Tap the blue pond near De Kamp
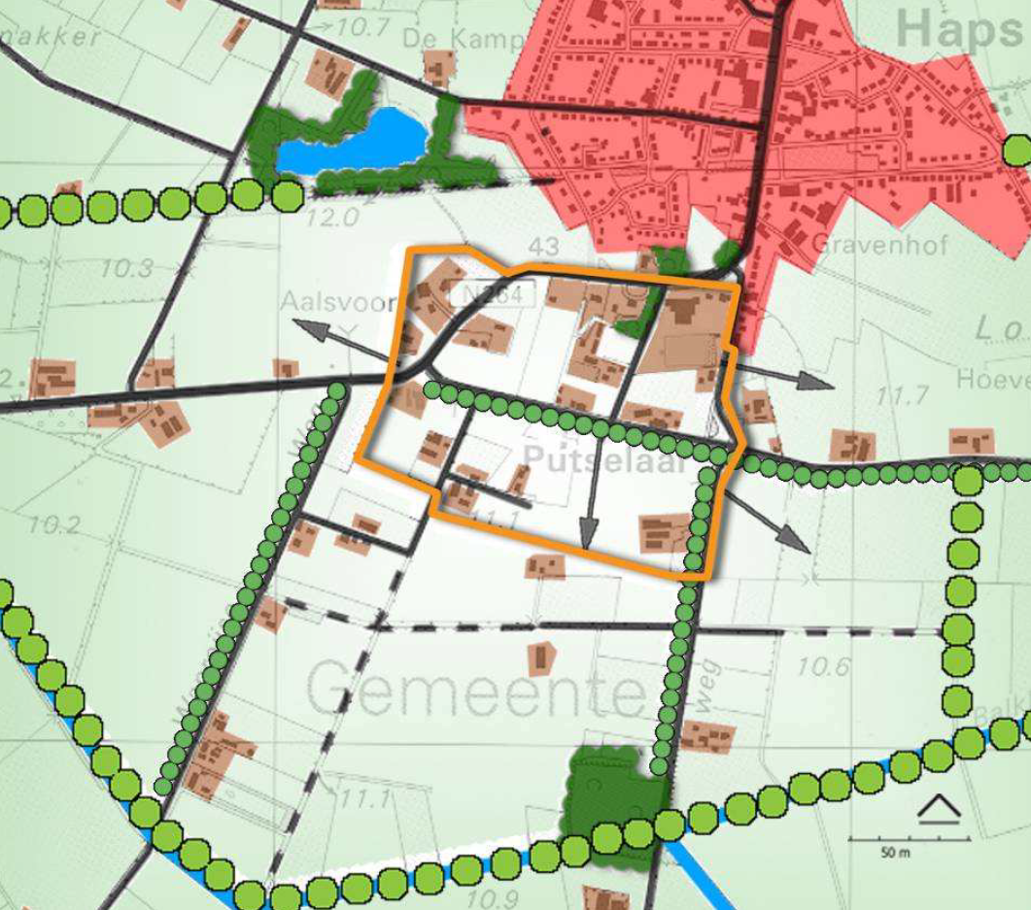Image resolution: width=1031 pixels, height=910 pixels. coord(351,142)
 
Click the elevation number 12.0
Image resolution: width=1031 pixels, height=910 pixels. coord(332,215)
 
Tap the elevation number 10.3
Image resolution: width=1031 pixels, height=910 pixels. coord(131,266)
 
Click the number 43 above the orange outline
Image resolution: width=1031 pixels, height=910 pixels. coord(543,244)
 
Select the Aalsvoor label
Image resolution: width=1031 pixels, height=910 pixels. coord(334,303)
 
